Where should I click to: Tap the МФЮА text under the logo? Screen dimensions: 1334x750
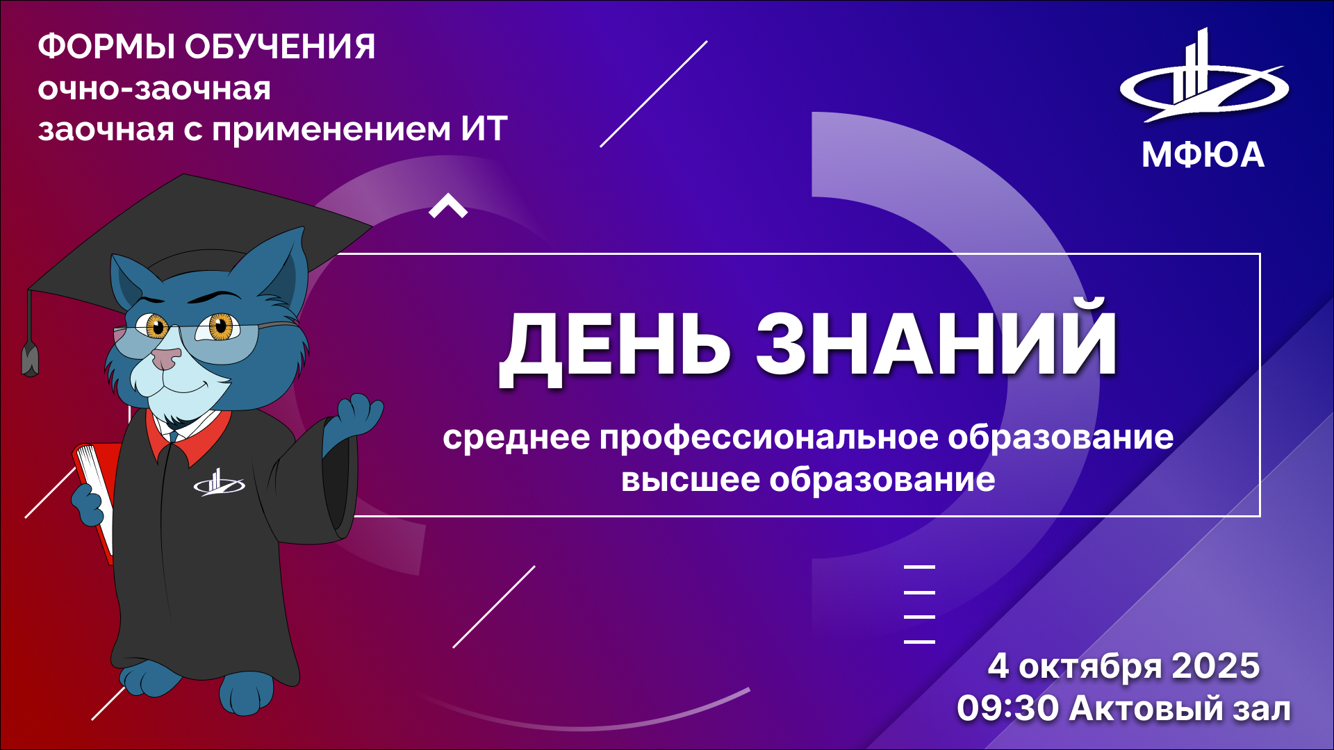coord(1203,154)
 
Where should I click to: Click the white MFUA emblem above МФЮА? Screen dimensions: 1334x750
coord(1204,76)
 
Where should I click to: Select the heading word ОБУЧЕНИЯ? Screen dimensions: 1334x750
coord(280,47)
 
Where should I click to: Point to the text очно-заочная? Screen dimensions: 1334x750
coord(154,89)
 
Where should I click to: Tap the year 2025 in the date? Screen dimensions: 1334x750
coord(1216,666)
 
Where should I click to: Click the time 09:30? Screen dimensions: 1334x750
coord(1008,708)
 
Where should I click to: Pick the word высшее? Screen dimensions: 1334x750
coord(691,480)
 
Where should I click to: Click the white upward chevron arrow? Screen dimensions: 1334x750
coord(448,206)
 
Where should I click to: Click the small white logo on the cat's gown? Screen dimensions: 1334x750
coord(219,483)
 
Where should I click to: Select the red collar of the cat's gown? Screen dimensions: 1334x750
coord(189,436)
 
